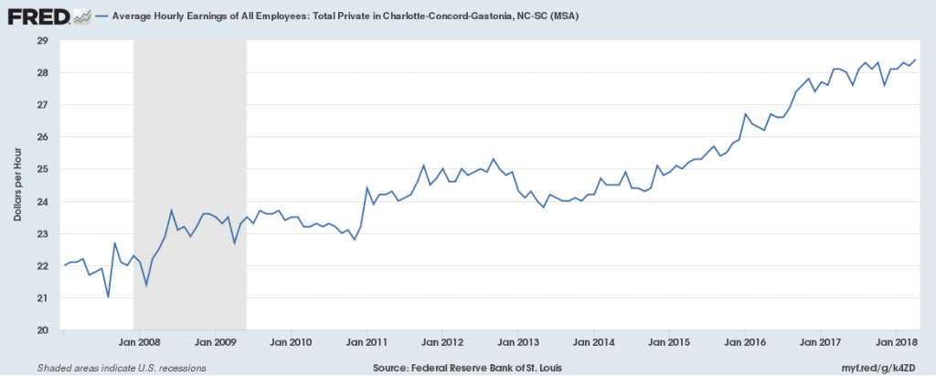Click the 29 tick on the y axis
42,41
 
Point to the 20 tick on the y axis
42,329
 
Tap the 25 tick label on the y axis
42,169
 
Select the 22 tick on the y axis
42,265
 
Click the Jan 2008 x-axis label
141,342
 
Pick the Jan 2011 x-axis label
366,342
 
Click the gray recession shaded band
190,183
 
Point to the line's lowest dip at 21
108,296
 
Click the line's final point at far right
915,60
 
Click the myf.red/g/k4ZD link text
882,367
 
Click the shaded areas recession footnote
122,367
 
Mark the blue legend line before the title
99,16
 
